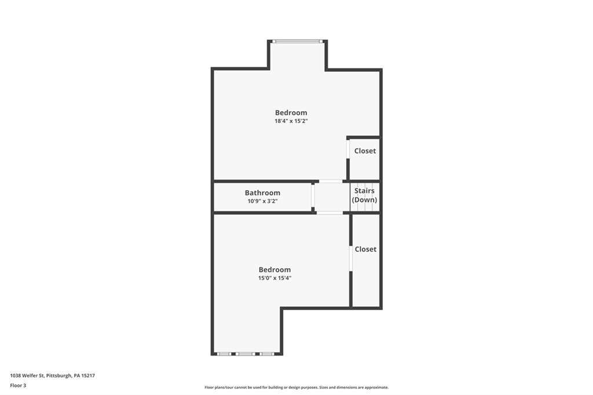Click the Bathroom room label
coord(262,193)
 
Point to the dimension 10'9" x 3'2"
coord(262,202)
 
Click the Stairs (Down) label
coord(365,195)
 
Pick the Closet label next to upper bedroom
coord(365,151)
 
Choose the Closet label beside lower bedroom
coord(365,249)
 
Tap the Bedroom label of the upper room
coord(291,112)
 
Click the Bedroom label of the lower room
coord(274,269)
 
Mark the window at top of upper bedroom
coord(298,41)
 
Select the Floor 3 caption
coord(18,385)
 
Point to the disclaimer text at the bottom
coord(296,387)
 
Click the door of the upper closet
coord(347,149)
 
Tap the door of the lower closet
coord(350,258)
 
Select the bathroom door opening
coord(313,197)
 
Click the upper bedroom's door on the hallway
coord(331,181)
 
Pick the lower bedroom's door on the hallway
coord(329,213)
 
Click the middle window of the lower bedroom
coord(245,353)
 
